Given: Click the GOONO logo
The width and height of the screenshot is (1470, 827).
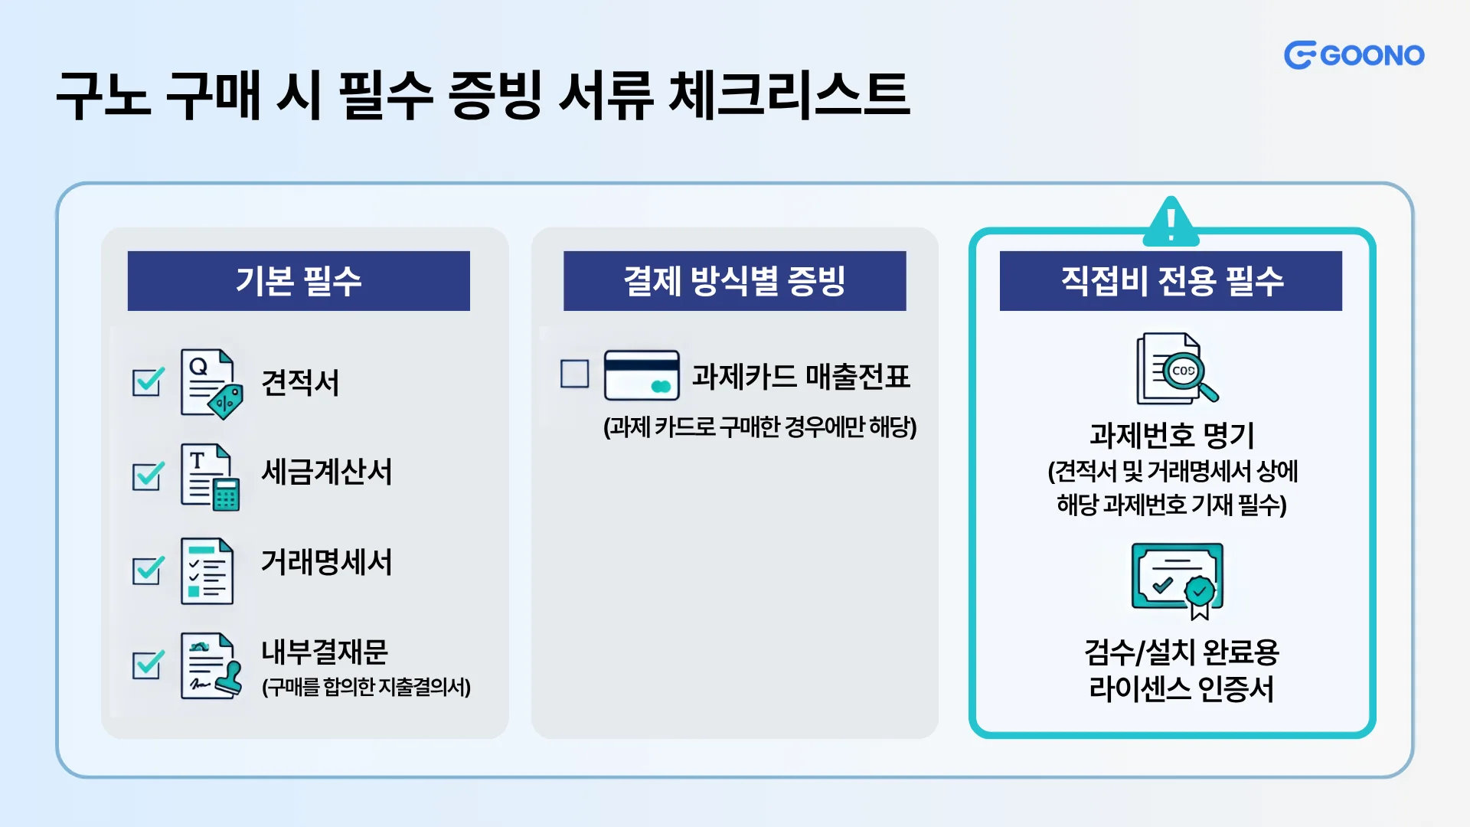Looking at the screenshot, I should click(1354, 55).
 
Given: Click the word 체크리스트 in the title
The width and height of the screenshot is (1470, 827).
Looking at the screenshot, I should click(789, 95).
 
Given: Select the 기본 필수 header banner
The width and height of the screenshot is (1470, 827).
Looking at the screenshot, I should click(299, 280).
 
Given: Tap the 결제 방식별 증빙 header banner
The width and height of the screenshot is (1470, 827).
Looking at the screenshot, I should click(734, 280).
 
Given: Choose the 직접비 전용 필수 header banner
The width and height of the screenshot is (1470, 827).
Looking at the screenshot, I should click(1171, 280).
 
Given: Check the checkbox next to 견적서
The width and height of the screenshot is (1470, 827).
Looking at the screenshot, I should click(147, 381).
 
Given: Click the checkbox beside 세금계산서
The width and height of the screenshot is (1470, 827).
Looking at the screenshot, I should click(147, 476).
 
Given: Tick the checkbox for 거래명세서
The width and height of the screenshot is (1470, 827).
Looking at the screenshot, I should click(147, 570).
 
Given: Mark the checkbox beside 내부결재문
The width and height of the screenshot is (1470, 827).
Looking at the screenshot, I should click(147, 665).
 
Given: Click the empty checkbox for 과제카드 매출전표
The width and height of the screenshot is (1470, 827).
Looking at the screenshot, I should click(574, 374).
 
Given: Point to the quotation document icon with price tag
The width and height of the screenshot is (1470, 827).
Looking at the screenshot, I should click(211, 384).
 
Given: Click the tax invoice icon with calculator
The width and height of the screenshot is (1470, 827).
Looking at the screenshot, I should click(210, 476).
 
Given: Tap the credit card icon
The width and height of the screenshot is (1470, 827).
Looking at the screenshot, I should click(642, 375).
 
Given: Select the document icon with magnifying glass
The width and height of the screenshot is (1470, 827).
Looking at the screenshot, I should click(1176, 368).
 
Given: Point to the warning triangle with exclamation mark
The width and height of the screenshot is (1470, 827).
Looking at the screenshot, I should click(1171, 222).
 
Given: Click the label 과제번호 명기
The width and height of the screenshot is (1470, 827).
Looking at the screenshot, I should click(1172, 436).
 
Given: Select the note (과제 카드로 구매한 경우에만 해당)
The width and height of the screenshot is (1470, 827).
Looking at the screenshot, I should click(759, 427).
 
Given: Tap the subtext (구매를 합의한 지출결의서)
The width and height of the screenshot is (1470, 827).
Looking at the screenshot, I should click(366, 687).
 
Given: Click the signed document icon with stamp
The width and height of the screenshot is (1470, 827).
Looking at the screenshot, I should click(211, 665).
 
